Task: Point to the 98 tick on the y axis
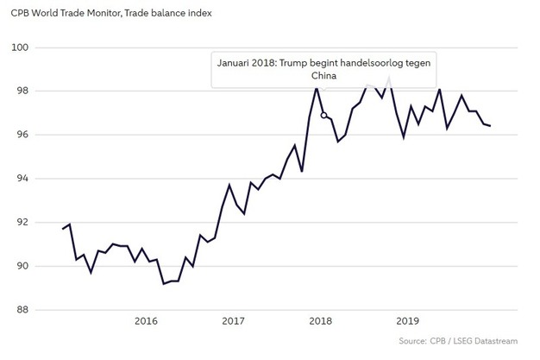click(x=24, y=91)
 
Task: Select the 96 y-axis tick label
click(x=24, y=135)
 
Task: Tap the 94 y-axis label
click(x=24, y=179)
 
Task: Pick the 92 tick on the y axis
click(x=24, y=223)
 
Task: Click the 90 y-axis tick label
click(x=24, y=266)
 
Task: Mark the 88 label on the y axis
click(x=24, y=310)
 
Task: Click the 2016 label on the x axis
click(x=147, y=321)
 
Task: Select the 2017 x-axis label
click(x=233, y=321)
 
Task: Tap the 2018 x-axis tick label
click(x=321, y=321)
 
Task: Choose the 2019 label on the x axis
click(x=408, y=321)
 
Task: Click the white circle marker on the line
click(x=323, y=115)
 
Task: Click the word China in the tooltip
click(x=323, y=77)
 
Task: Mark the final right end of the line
click(x=515, y=126)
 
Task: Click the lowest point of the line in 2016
click(x=164, y=283)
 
